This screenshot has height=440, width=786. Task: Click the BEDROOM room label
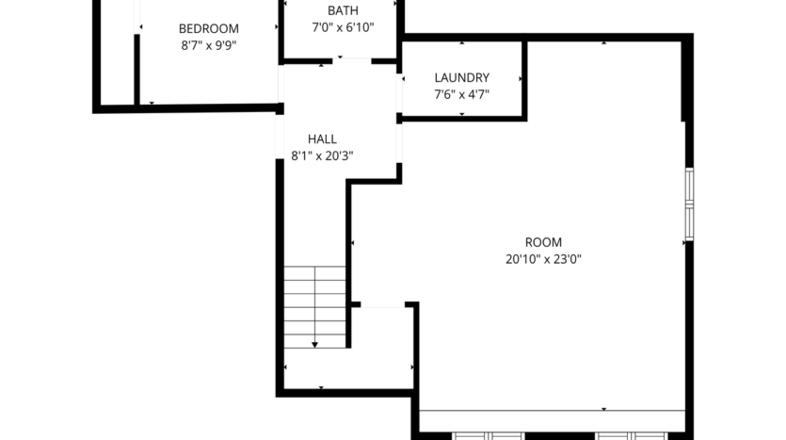pos(209,28)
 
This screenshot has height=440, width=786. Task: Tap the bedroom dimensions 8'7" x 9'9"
pos(209,44)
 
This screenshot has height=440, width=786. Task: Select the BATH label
pos(343,10)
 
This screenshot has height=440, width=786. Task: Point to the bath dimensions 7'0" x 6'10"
pos(343,27)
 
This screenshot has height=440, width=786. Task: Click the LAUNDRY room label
pos(461,77)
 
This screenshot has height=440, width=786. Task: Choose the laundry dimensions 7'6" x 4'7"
pos(461,93)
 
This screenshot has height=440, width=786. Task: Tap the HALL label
pos(322,139)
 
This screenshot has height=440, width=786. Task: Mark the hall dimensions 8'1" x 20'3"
pos(322,155)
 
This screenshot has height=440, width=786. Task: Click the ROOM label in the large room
pos(543,241)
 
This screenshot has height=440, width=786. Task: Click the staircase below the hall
pos(315,306)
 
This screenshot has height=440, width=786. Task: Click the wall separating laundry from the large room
pos(523,79)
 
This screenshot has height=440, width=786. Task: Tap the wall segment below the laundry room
pos(461,119)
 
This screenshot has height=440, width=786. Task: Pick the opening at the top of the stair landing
pos(383,304)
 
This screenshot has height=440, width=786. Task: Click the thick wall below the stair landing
pos(348,391)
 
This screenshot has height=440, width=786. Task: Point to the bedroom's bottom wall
pos(188,108)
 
